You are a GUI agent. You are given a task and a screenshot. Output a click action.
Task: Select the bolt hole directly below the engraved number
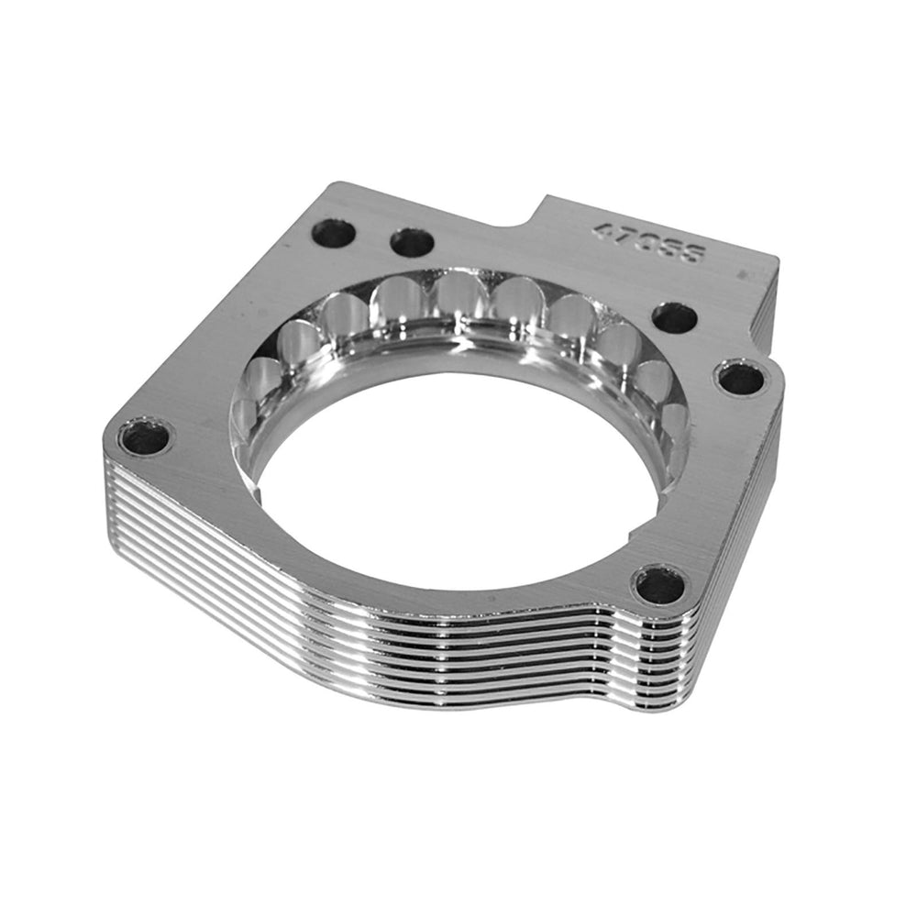click(674, 317)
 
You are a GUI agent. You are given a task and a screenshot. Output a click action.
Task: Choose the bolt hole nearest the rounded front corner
click(660, 584)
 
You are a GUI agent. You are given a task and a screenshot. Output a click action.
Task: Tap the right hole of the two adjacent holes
click(411, 242)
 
